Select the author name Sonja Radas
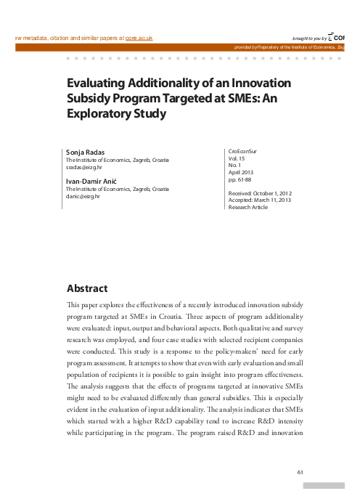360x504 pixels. pyautogui.click(x=85, y=151)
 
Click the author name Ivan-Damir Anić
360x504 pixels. pyautogui.click(x=93, y=179)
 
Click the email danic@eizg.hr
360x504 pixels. pyautogui.click(x=83, y=196)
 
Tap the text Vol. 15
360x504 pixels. pyautogui.click(x=237, y=158)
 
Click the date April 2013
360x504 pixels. pyautogui.click(x=240, y=172)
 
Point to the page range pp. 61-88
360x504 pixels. pyautogui.click(x=240, y=179)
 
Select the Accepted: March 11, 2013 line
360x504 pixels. pyautogui.click(x=260, y=200)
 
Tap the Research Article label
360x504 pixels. pyautogui.click(x=247, y=207)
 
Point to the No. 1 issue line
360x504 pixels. pyautogui.click(x=234, y=165)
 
